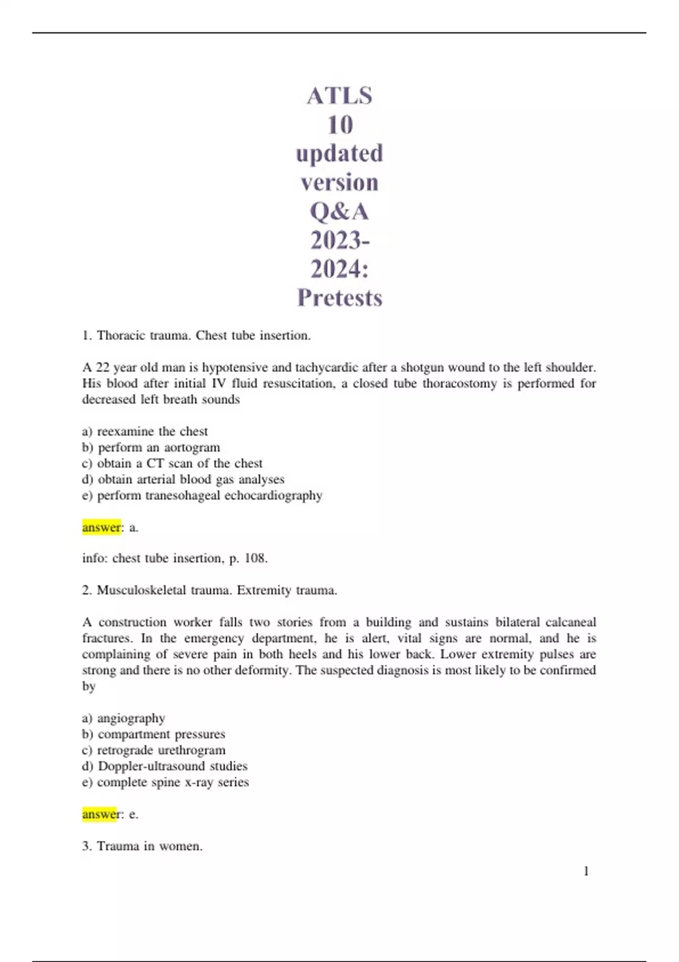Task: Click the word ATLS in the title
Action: point(339,96)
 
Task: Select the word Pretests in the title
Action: point(339,298)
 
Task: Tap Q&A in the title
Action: point(339,212)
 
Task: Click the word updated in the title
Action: point(339,153)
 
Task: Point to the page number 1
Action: point(586,871)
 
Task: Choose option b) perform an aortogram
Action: point(151,447)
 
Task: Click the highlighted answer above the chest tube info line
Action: point(102,527)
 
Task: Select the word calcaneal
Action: point(570,622)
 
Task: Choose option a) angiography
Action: point(124,718)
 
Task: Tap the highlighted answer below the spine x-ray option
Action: point(100,814)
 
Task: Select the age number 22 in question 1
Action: point(102,367)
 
